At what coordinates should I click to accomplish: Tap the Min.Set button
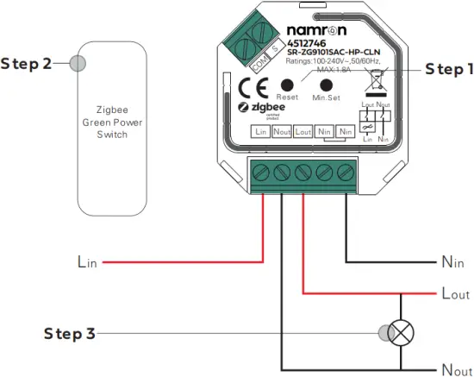[327, 85]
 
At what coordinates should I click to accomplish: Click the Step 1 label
[448, 69]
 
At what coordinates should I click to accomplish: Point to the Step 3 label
[69, 333]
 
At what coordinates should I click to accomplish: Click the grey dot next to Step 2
[78, 64]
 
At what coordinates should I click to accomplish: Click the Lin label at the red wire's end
[87, 260]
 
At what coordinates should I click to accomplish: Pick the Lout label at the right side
[454, 295]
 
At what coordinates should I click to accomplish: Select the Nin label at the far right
[453, 260]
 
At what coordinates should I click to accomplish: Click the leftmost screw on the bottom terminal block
[262, 173]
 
